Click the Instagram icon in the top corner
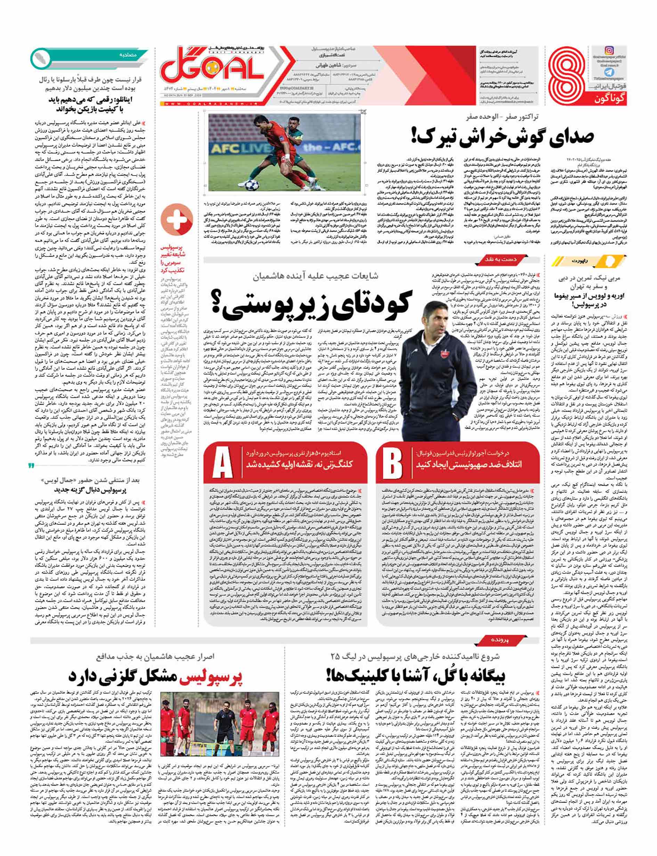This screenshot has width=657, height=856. click(609, 51)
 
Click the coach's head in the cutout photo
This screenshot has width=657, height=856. click(431, 315)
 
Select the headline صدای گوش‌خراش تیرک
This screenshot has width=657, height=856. click(503, 136)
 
